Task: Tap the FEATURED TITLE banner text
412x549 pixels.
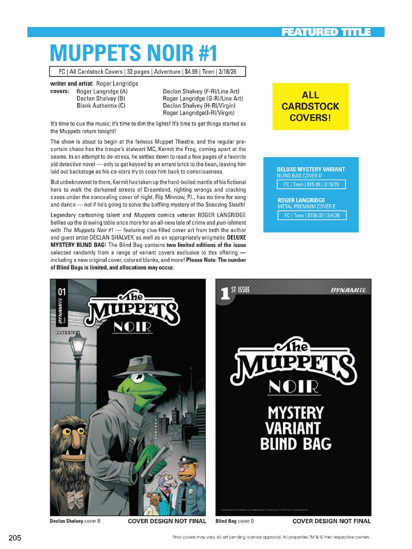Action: pos(326,32)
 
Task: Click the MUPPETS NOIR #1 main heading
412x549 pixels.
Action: pos(134,53)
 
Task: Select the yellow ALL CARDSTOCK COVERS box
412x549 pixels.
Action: pos(310,106)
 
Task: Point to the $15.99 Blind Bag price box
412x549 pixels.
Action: pos(311,185)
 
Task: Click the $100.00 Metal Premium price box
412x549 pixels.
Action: pos(312,215)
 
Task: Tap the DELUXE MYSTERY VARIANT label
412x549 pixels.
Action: pos(311,169)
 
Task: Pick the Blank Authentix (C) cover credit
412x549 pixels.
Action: pos(101,105)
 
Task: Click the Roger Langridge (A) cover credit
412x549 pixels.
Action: pos(102,91)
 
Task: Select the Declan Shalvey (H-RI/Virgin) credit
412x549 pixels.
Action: pos(199,105)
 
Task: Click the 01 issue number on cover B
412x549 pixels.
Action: pos(61,292)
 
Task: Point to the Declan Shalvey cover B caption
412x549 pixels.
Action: pos(75,521)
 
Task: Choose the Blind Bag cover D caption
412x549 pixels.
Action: pos(234,521)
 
